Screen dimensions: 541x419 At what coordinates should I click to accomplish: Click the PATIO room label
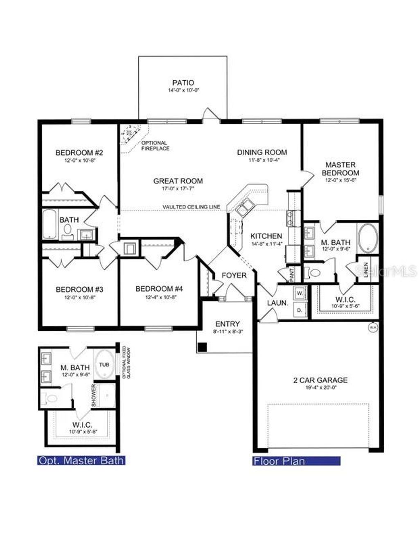pyautogui.click(x=183, y=83)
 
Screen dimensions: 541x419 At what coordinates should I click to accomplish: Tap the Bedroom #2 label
pyautogui.click(x=79, y=153)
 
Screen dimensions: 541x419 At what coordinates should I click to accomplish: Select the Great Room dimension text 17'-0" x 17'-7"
pyautogui.click(x=178, y=189)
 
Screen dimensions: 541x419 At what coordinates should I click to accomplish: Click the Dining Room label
pyautogui.click(x=262, y=152)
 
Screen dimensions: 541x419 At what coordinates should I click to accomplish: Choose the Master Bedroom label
pyautogui.click(x=340, y=169)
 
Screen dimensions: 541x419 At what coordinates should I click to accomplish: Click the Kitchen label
pyautogui.click(x=266, y=236)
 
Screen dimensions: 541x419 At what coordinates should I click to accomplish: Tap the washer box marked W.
pyautogui.click(x=300, y=293)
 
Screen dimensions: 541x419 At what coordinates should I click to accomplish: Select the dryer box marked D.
pyautogui.click(x=300, y=310)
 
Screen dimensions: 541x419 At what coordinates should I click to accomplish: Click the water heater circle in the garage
pyautogui.click(x=373, y=327)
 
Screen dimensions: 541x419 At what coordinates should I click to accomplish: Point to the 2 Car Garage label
pyautogui.click(x=320, y=380)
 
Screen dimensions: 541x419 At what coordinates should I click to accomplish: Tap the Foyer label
pyautogui.click(x=234, y=275)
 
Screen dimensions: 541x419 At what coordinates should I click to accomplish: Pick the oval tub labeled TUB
pyautogui.click(x=104, y=364)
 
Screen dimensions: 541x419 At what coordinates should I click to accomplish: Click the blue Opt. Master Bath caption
pyautogui.click(x=81, y=460)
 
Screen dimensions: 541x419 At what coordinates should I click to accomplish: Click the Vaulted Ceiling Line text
pyautogui.click(x=191, y=207)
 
